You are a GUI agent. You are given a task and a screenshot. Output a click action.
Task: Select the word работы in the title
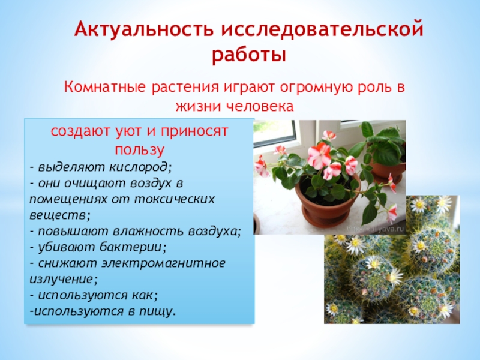coord(248,55)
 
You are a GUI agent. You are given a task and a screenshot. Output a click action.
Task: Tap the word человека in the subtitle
coord(262,107)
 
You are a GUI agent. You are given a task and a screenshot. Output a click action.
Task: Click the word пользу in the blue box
coord(139,148)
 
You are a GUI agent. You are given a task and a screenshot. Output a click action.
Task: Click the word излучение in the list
coord(60,279)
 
